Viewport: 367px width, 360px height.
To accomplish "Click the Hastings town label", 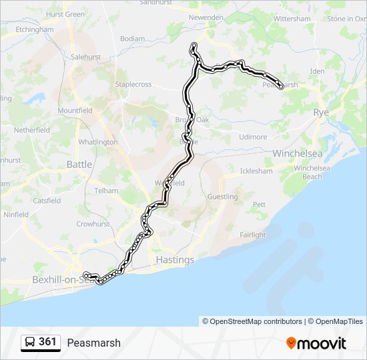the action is tap(175, 259).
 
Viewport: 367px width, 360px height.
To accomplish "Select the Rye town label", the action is tap(322, 113).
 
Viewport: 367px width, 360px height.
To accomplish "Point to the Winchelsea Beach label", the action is tap(312, 172).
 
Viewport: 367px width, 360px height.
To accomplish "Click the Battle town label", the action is tap(79, 164).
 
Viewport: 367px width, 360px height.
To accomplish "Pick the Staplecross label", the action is tap(133, 85).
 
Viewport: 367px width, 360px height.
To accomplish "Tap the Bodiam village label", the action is tap(132, 39).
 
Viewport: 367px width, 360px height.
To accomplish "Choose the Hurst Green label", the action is tap(65, 14).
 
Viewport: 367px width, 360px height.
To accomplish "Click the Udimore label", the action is tap(253, 137).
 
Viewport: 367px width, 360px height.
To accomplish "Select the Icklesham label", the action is tap(256, 171).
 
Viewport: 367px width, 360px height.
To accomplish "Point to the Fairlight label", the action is tap(253, 235).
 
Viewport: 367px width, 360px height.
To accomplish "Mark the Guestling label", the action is tap(222, 197).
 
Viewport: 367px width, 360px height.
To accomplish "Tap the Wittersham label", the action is tap(292, 19).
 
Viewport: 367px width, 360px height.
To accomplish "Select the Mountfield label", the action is tap(75, 111).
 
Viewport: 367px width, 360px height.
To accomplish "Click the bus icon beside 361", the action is tap(30, 342).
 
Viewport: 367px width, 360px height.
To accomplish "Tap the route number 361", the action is tap(47, 342).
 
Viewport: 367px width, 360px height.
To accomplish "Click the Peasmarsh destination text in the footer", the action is tap(93, 343).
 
